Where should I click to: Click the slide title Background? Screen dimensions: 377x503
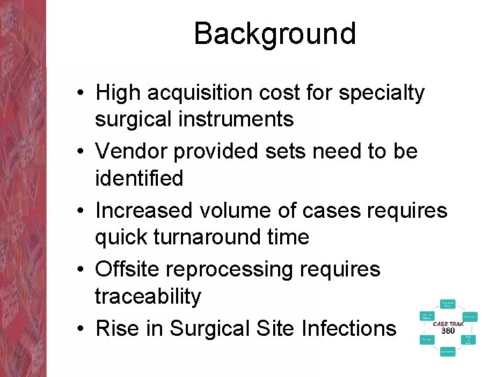[x=275, y=34]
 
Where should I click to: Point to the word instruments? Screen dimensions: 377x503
[x=240, y=120]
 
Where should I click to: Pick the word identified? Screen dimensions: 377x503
[x=139, y=179]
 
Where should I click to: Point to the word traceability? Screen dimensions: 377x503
[x=147, y=297]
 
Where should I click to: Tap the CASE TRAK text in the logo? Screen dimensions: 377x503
[x=448, y=324]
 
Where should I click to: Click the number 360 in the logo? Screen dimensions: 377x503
[x=448, y=331]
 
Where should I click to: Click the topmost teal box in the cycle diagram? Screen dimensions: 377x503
[x=448, y=304]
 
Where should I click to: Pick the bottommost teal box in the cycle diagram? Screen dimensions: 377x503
[x=448, y=352]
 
